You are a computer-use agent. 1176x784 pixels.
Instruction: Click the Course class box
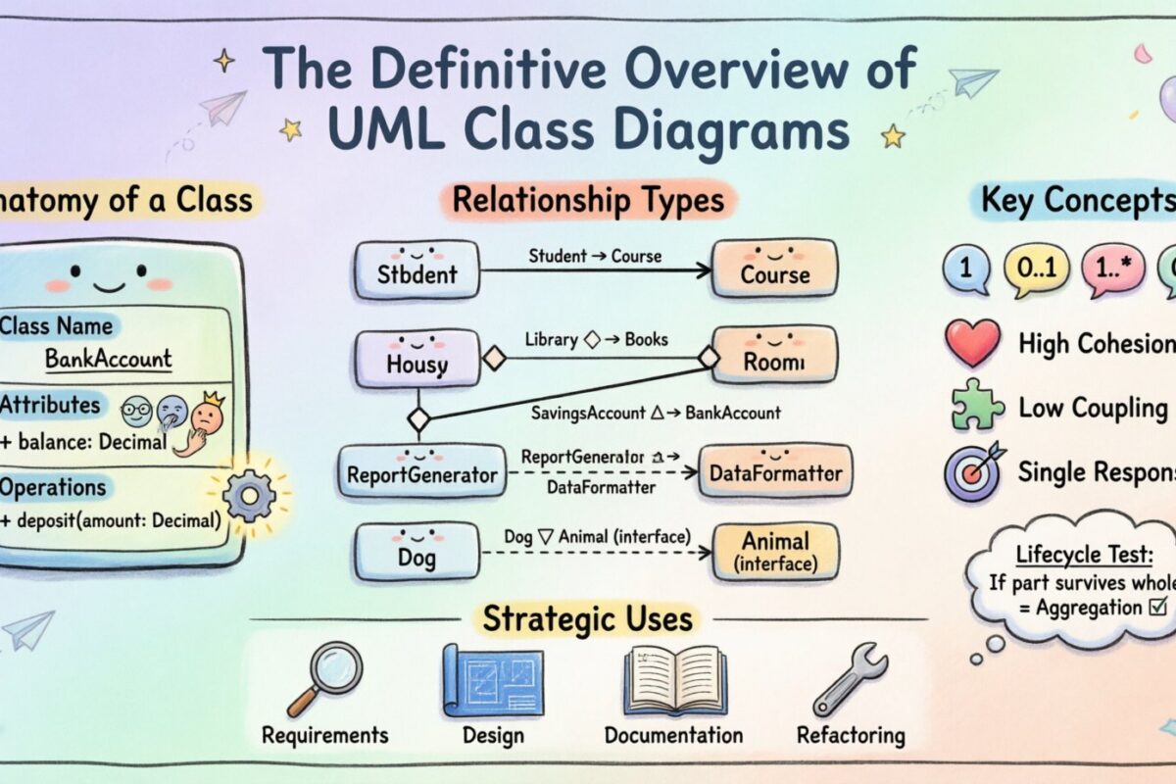[x=774, y=270]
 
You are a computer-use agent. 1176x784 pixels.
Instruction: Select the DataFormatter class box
[x=775, y=473]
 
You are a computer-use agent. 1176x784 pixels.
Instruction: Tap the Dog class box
[x=417, y=553]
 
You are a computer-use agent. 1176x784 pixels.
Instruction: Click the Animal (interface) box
[x=775, y=552]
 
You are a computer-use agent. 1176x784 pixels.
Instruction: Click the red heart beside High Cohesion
[x=972, y=343]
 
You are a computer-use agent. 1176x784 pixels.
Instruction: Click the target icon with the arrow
[x=973, y=470]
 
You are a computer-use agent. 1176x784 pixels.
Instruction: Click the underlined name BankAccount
[x=109, y=359]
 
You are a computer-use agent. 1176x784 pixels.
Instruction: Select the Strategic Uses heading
[x=587, y=618]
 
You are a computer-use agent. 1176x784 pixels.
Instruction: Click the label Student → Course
[x=595, y=257]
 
